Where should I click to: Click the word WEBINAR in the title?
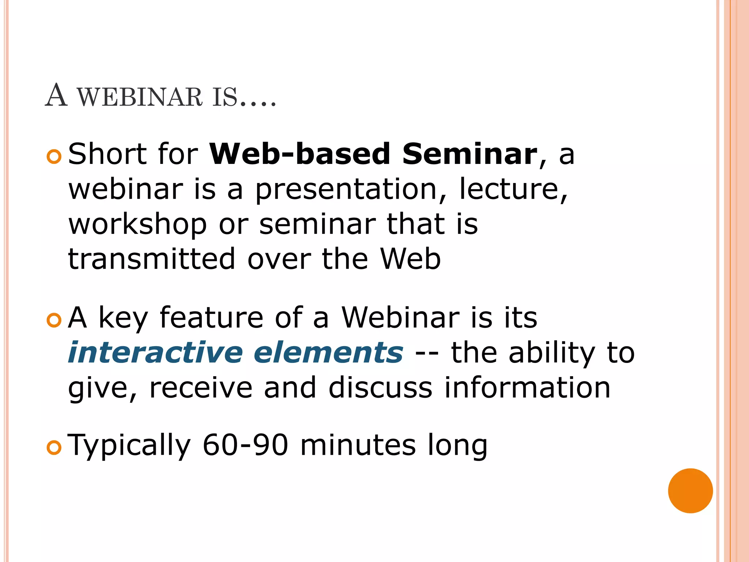click(140, 97)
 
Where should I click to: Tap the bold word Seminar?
click(470, 154)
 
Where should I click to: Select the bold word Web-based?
click(300, 154)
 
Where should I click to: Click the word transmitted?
click(151, 259)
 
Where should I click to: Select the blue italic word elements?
click(328, 353)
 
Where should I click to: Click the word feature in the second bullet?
click(211, 318)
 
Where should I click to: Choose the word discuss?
click(380, 388)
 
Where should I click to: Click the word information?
click(527, 388)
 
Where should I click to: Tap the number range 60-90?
click(245, 445)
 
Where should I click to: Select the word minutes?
click(358, 445)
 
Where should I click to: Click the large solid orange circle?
click(690, 491)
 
